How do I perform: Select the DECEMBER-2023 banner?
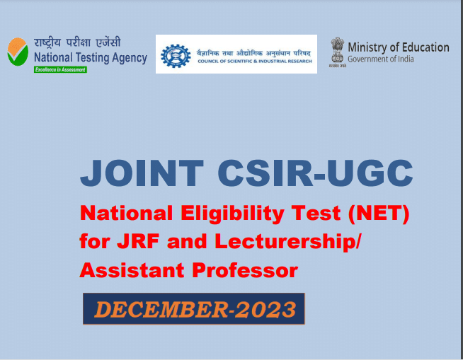(193, 308)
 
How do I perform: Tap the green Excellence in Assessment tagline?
(60, 69)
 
